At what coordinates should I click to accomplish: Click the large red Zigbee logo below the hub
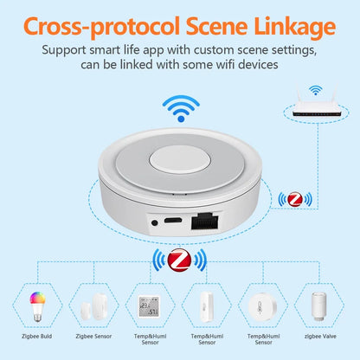coord(180,260)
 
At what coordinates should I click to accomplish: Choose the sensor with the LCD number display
coord(145,306)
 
